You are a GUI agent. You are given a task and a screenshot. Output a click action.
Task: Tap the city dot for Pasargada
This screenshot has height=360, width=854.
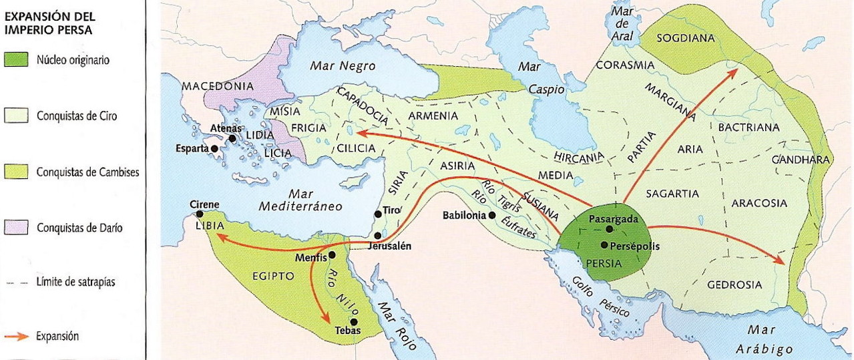[609, 228]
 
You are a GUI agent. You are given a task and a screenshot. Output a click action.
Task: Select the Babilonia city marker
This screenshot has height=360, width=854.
[492, 215]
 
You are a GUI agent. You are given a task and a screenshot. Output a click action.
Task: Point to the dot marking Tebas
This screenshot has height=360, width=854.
[345, 321]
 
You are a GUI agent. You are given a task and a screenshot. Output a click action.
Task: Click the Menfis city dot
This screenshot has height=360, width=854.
[332, 254]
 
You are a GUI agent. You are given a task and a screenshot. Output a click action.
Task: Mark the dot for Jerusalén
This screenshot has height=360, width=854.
[378, 236]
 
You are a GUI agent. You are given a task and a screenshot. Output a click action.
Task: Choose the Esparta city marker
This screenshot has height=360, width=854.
[214, 148]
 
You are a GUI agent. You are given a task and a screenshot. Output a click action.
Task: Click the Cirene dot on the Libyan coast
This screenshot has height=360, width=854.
[199, 214]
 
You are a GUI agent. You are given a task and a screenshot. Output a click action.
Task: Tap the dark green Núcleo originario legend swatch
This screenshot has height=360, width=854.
[15, 60]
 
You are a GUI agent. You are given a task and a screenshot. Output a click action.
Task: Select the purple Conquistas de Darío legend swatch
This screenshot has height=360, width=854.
[15, 228]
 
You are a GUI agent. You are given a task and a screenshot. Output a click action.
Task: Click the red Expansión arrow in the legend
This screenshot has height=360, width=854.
[15, 337]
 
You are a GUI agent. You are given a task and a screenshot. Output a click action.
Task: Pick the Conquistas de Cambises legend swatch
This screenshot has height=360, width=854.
[15, 172]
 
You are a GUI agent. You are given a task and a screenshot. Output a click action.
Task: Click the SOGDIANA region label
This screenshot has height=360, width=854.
[685, 38]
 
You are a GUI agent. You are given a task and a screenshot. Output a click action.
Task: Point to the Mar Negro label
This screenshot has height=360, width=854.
[343, 66]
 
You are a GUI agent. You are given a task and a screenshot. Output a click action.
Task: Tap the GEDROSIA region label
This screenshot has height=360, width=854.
[734, 284]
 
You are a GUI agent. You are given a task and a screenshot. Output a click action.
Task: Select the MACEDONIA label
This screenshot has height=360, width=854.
[218, 86]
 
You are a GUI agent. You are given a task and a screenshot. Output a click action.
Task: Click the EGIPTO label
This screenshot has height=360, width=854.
[273, 275]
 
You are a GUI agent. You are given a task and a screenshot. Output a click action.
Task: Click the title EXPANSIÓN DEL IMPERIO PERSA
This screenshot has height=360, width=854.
[48, 22]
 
